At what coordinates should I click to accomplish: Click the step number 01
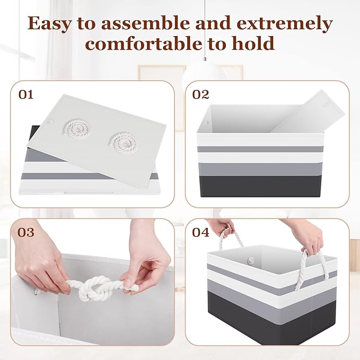25,94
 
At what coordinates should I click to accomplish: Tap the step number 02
200,94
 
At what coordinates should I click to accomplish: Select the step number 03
25,232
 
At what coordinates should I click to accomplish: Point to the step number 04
200,232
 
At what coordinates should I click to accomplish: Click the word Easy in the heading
49,24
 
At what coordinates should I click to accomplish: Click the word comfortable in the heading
144,43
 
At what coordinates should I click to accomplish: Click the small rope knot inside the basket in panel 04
251,260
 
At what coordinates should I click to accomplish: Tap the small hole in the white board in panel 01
51,120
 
